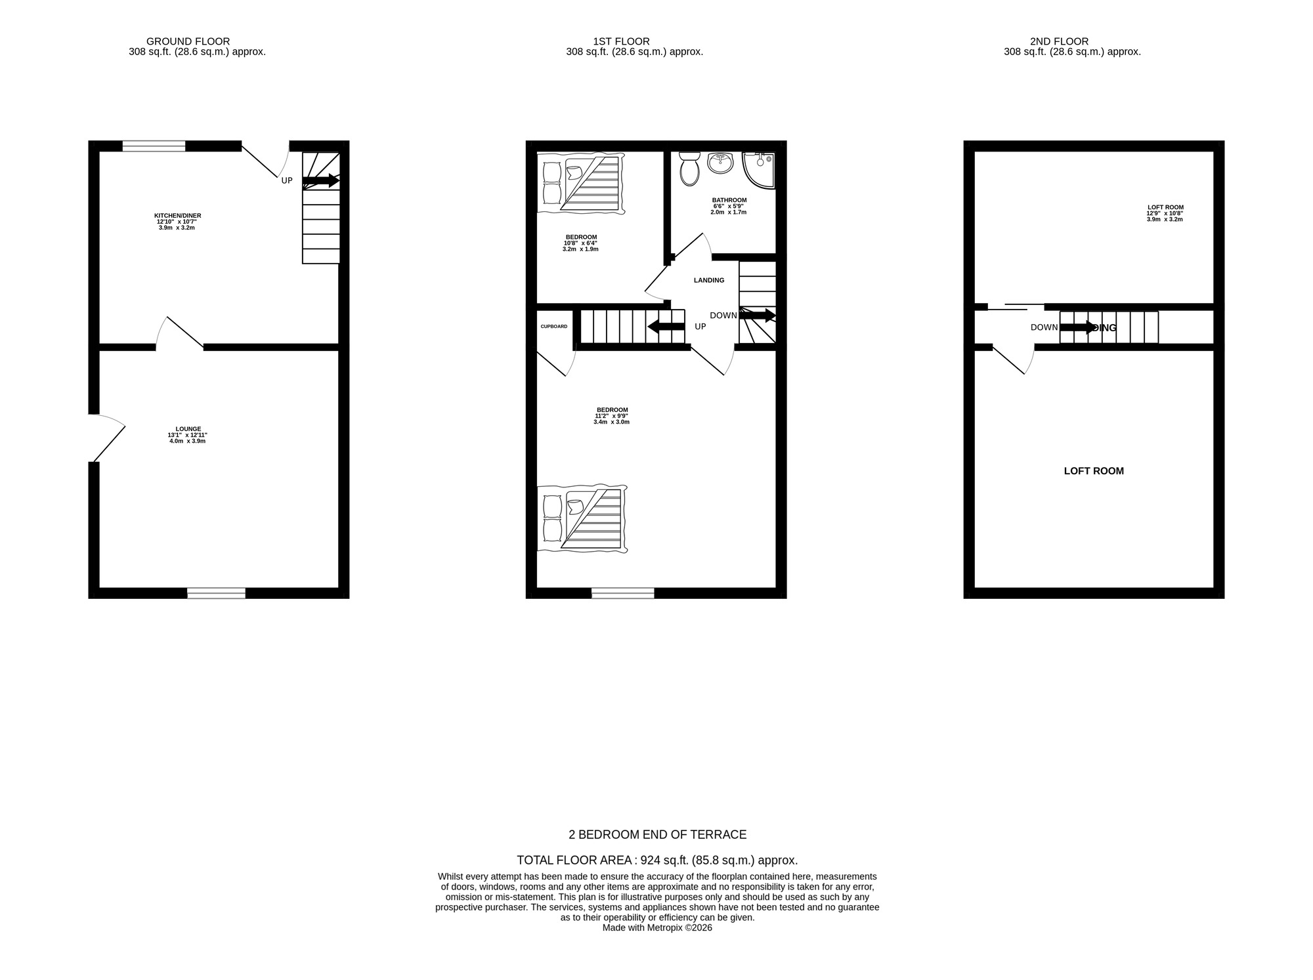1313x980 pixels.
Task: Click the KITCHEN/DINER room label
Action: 177,216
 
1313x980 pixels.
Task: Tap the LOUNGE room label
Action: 188,429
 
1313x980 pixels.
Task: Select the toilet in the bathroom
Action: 689,169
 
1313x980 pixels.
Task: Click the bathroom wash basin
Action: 720,163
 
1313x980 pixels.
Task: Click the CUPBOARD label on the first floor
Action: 553,327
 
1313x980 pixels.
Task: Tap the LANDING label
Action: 709,280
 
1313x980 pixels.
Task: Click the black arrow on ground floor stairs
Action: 320,180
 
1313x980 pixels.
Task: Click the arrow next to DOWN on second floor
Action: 1078,327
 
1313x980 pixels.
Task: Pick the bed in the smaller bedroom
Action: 581,183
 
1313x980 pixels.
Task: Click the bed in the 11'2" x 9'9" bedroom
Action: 582,519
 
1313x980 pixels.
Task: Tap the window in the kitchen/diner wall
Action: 154,146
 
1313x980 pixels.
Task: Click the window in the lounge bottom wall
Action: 216,593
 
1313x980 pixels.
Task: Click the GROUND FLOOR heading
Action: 188,41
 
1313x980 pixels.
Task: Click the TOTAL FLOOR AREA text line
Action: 656,860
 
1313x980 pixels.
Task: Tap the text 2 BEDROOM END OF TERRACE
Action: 656,834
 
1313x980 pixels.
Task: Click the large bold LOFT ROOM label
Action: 1093,471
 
